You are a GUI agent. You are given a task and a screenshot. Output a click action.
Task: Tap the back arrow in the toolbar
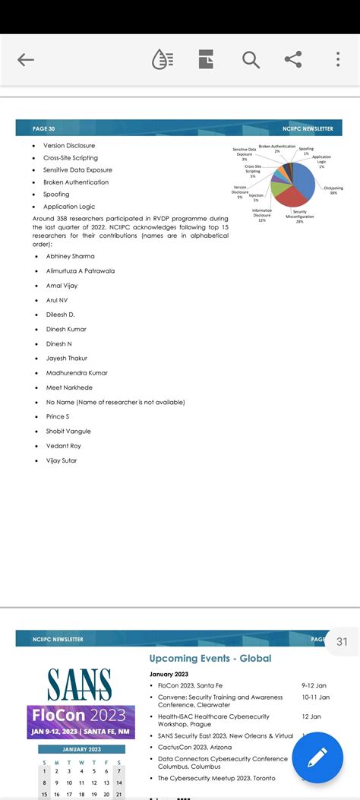pyautogui.click(x=26, y=60)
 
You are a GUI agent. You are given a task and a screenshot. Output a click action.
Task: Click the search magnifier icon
pyautogui.click(x=251, y=59)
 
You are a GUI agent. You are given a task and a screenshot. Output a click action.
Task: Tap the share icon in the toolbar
pyautogui.click(x=293, y=59)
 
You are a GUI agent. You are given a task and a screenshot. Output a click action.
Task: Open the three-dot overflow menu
pyautogui.click(x=338, y=59)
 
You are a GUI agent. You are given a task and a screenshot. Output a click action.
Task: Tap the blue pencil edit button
pyautogui.click(x=317, y=757)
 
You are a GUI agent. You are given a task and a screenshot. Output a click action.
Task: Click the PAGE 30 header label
pyautogui.click(x=44, y=129)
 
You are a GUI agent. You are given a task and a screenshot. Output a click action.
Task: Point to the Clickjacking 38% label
pyautogui.click(x=333, y=190)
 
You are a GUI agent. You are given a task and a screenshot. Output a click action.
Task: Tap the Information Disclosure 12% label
pyautogui.click(x=262, y=215)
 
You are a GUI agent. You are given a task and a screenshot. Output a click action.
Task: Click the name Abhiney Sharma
pyautogui.click(x=70, y=256)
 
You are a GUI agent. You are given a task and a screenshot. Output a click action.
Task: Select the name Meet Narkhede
pyautogui.click(x=69, y=387)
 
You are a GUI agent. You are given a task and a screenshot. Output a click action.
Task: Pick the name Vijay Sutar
pyautogui.click(x=62, y=460)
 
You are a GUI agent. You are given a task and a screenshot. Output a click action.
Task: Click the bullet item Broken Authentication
pyautogui.click(x=76, y=182)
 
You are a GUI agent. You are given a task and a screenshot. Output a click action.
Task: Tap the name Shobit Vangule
pyautogui.click(x=68, y=431)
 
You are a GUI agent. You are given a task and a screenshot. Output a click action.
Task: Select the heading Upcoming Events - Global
pyautogui.click(x=210, y=659)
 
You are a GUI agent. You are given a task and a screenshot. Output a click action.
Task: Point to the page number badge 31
pyautogui.click(x=342, y=641)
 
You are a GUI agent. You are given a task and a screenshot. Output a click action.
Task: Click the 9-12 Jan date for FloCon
pyautogui.click(x=314, y=685)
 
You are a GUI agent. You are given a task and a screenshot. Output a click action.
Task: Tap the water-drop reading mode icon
pyautogui.click(x=163, y=59)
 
